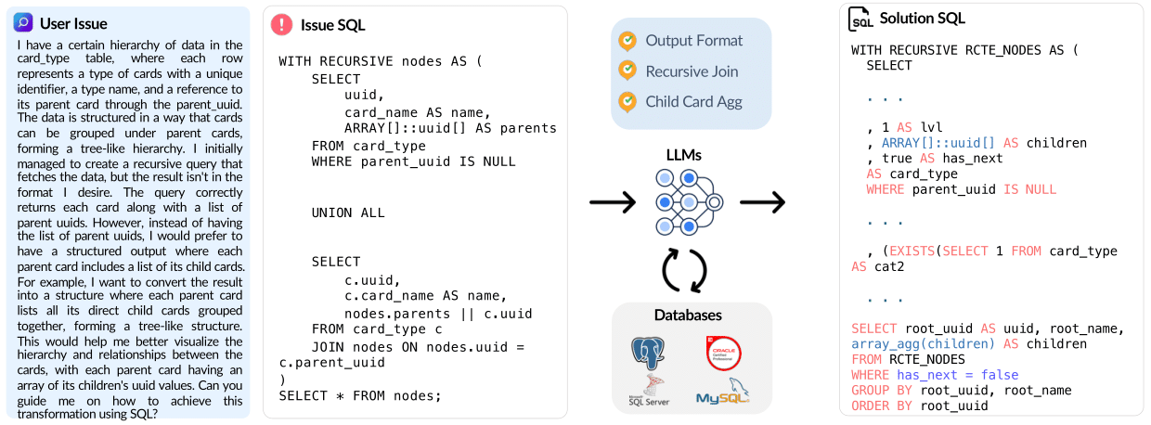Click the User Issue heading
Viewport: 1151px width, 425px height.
tap(73, 23)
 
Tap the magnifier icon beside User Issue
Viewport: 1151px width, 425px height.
tap(23, 23)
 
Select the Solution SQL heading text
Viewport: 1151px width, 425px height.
tap(923, 19)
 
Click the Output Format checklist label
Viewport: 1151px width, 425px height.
tap(694, 40)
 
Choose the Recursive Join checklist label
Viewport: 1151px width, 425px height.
tap(692, 71)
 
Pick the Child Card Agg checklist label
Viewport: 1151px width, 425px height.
tap(694, 101)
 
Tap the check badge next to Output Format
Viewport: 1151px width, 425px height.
tap(628, 40)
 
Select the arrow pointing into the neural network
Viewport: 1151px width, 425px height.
tap(612, 202)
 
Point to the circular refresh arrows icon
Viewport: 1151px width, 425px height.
tap(684, 269)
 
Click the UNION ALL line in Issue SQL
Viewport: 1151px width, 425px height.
tap(348, 212)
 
